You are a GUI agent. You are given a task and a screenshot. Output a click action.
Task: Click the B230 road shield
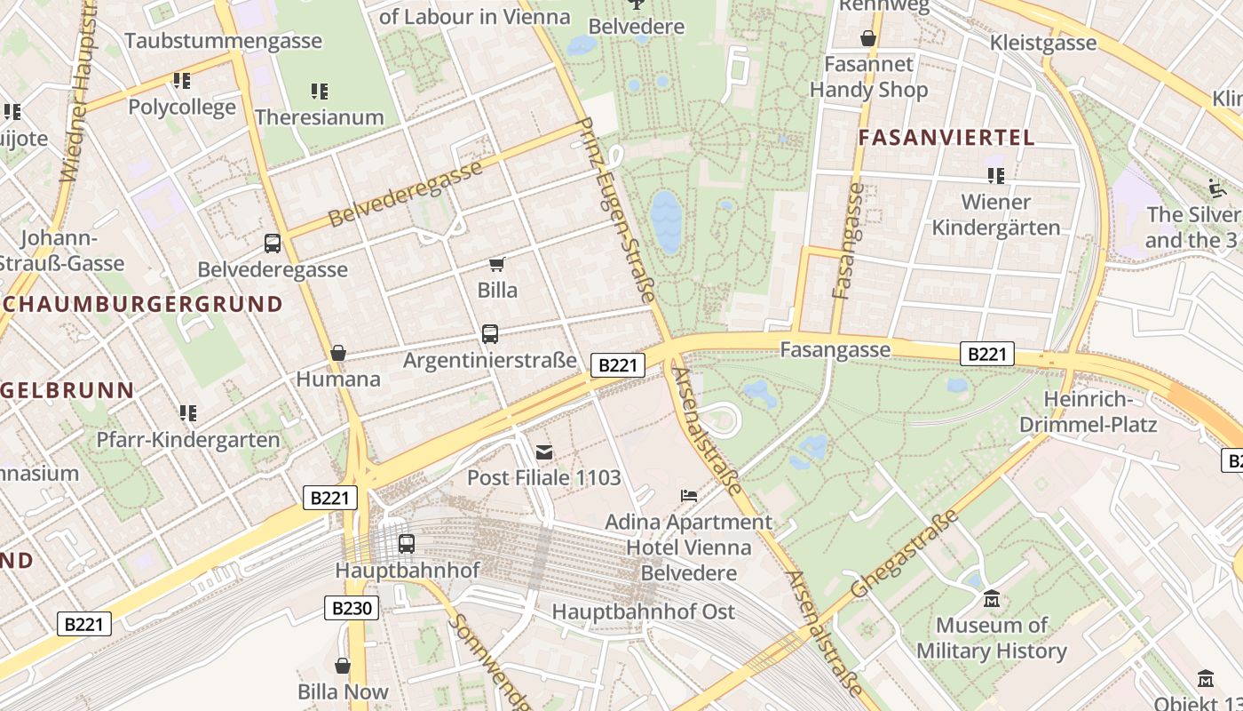click(x=352, y=608)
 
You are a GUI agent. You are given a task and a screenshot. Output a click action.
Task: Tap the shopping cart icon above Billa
click(x=497, y=264)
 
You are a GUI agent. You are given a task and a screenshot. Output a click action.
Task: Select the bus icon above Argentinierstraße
click(x=489, y=334)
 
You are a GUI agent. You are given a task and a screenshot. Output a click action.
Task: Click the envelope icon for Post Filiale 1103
click(x=543, y=452)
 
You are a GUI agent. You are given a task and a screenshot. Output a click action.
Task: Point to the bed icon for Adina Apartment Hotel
click(x=689, y=495)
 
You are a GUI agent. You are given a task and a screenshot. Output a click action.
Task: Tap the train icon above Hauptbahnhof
click(x=406, y=543)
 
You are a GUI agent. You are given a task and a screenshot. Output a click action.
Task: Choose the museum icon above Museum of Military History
click(x=991, y=599)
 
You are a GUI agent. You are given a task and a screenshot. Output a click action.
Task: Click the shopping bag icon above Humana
click(x=337, y=353)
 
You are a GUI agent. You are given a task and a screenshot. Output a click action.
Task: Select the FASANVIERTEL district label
click(x=946, y=138)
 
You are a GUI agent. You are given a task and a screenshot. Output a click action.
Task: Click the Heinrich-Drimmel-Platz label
click(x=1088, y=411)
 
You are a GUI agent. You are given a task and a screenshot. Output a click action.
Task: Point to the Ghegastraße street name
click(x=905, y=555)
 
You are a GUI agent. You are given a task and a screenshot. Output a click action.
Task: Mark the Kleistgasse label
click(x=1043, y=43)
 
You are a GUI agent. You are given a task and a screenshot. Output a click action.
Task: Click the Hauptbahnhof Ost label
click(x=644, y=611)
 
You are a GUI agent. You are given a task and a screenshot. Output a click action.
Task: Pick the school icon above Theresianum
click(x=320, y=91)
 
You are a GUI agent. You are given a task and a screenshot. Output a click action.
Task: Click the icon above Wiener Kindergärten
click(x=995, y=176)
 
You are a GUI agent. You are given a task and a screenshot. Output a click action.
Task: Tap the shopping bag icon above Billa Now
click(x=343, y=665)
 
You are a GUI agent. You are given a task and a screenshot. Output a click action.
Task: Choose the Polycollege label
click(x=182, y=108)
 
